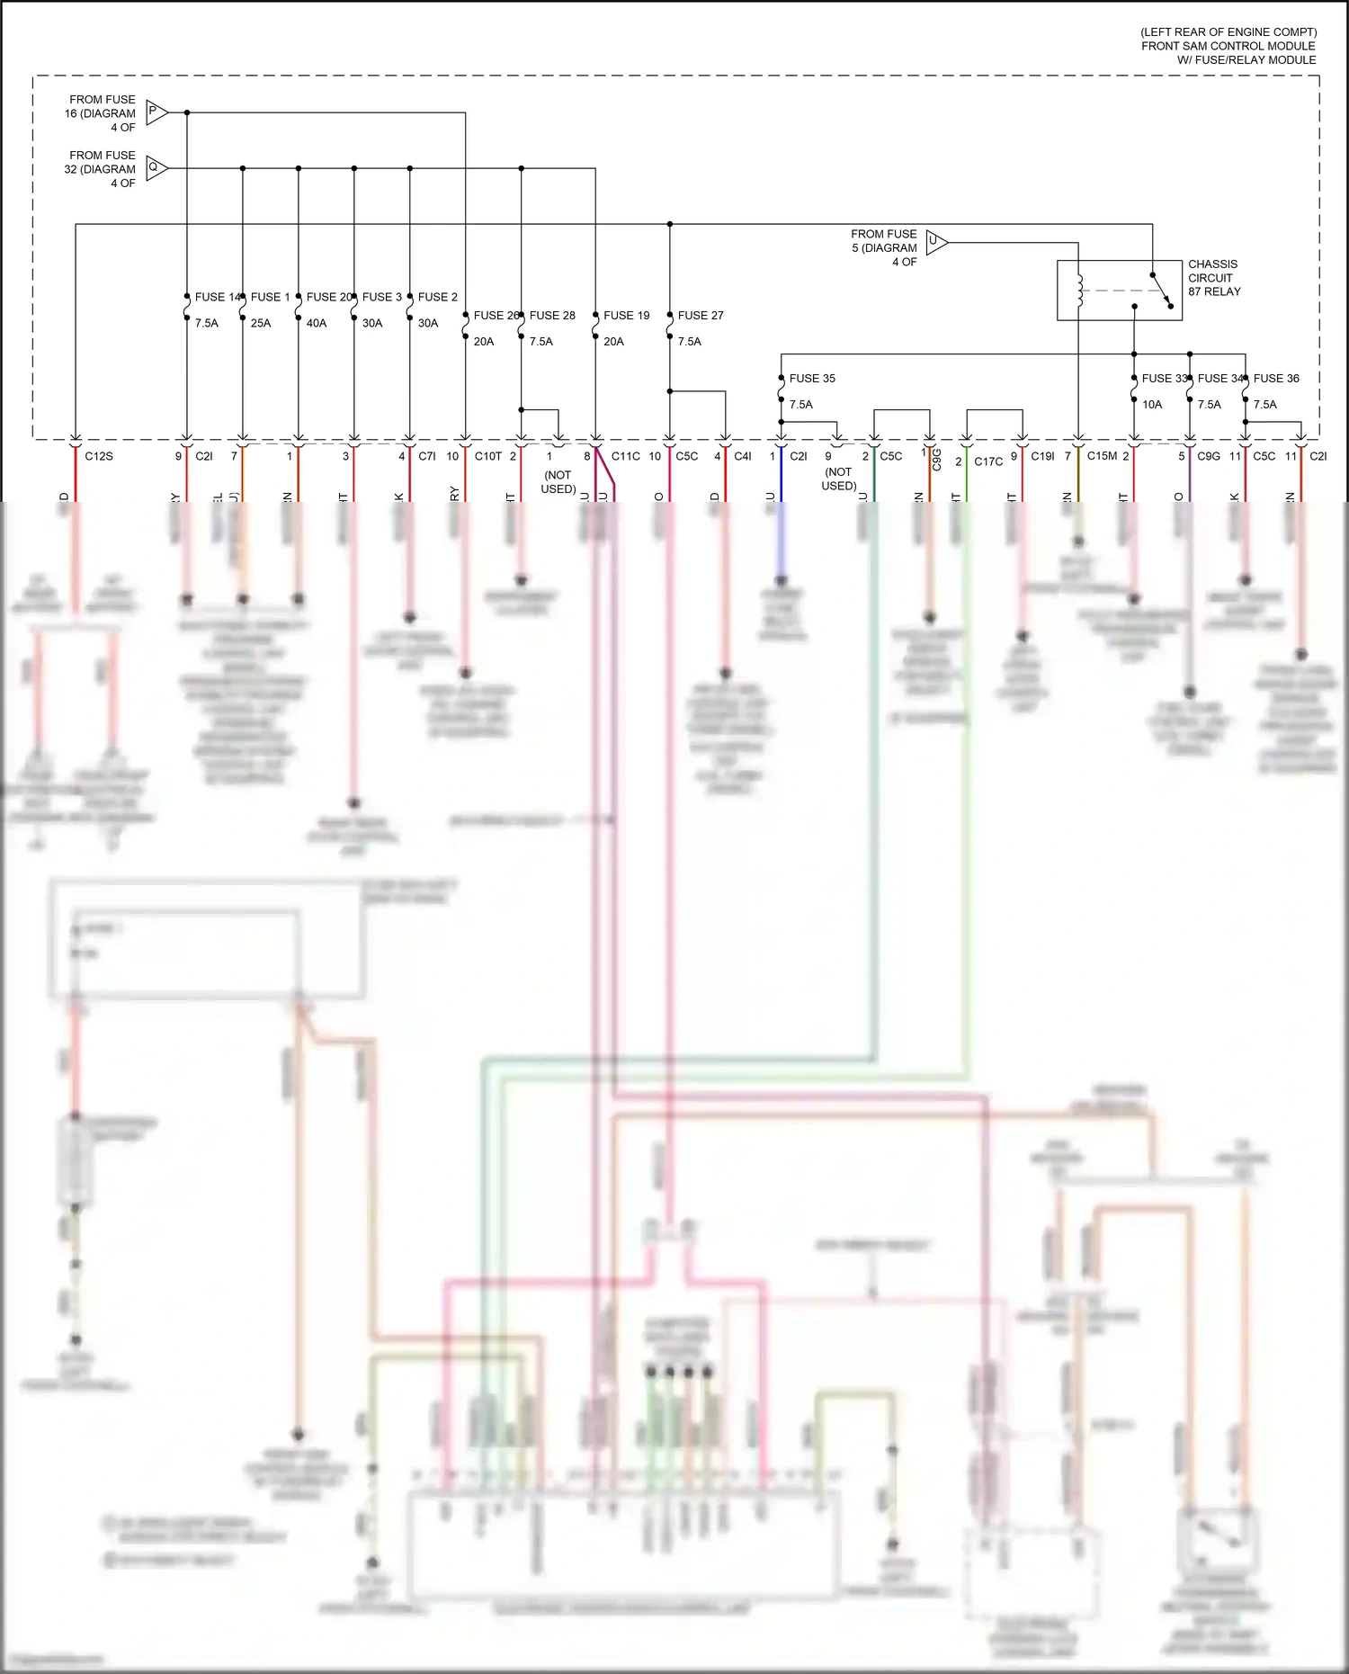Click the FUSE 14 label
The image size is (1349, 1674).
(216, 297)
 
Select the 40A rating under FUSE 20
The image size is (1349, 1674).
(317, 323)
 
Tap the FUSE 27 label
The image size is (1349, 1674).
(700, 316)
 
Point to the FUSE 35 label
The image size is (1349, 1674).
(811, 379)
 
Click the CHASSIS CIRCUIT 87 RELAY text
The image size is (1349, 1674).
(1213, 278)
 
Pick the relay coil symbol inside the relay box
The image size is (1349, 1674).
(1079, 291)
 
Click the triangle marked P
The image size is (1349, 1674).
(156, 112)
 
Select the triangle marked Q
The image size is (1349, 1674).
(156, 168)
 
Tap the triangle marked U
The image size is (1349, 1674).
(935, 242)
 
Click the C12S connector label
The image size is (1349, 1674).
(99, 456)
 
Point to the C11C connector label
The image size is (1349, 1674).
(625, 456)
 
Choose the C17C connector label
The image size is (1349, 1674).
(987, 461)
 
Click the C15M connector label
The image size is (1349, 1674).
(1102, 456)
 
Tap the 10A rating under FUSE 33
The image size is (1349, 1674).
(1151, 405)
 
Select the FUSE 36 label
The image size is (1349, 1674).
(1275, 379)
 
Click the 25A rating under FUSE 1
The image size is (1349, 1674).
(261, 323)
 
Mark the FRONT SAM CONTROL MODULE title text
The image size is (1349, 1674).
(1228, 46)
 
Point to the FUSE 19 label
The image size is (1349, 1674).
(626, 316)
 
